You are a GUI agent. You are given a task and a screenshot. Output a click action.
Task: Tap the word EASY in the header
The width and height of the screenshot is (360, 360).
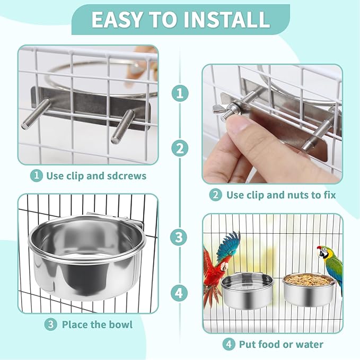click(x=116, y=20)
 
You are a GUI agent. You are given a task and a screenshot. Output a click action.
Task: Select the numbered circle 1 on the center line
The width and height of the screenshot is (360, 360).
click(x=180, y=93)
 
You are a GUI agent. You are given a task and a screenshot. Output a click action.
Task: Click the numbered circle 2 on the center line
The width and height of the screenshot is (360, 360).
click(x=180, y=148)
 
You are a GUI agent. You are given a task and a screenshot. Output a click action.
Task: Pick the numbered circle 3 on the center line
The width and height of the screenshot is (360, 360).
click(x=180, y=236)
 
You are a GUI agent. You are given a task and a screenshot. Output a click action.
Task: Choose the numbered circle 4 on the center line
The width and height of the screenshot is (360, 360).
click(x=180, y=292)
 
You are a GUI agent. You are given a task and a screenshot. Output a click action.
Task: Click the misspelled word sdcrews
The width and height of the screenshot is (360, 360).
click(x=126, y=175)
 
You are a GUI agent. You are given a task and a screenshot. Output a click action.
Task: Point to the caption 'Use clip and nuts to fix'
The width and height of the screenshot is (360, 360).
click(x=281, y=195)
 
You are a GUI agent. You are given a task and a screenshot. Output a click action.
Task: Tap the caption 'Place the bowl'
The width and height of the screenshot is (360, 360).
click(x=97, y=324)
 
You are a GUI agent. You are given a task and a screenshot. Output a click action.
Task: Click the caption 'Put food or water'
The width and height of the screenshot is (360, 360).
click(x=281, y=344)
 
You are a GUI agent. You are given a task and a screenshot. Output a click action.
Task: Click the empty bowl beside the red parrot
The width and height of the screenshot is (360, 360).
click(x=240, y=291)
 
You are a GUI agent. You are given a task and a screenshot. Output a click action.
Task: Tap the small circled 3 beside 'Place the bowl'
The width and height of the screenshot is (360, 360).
click(x=50, y=324)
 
